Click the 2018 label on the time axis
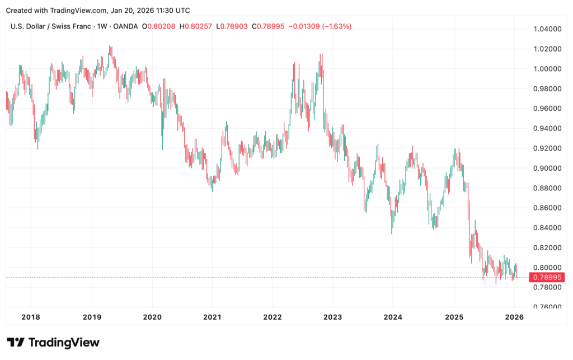[31, 317]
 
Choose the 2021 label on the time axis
[212, 317]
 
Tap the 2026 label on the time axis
[514, 317]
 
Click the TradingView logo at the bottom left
[53, 342]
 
